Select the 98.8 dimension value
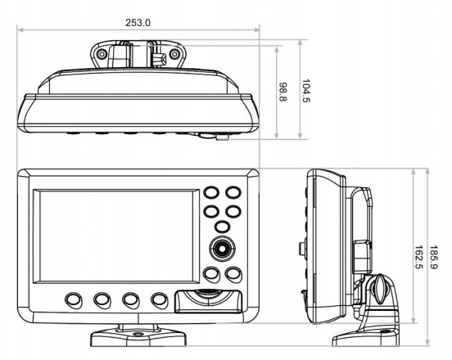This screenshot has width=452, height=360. pos(284,92)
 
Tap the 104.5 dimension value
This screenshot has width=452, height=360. pos(307,88)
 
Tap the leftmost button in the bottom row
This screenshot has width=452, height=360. pos(75,300)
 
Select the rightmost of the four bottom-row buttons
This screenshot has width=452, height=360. pos(160,300)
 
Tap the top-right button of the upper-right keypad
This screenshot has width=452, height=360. pos(233,194)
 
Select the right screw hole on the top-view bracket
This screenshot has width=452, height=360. pos(174,56)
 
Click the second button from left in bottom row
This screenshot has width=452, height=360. pos(102,300)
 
